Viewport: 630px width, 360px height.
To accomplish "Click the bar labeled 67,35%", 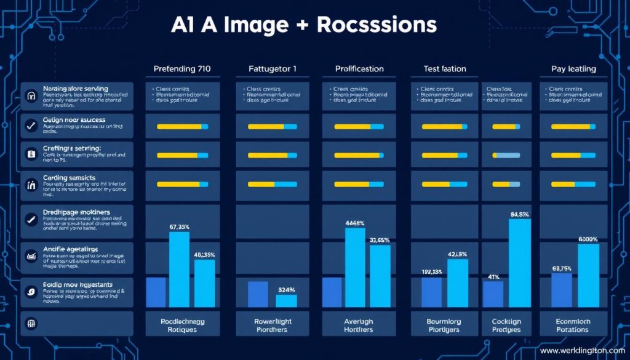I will coord(179,269).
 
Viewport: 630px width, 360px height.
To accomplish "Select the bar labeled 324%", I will coord(286,301).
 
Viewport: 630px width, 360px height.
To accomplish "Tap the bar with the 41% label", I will coord(493,294).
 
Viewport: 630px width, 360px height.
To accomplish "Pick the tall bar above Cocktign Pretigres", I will coord(520,263).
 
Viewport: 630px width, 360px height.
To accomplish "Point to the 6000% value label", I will coord(588,239).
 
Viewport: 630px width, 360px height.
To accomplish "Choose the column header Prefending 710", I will coord(181,69).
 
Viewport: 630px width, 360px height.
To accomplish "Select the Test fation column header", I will coord(445,69).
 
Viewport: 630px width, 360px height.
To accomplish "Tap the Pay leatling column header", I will coord(573,69).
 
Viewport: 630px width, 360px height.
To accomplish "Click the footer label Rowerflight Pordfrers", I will coord(273,325).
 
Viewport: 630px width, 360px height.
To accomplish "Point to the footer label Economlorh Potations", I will coord(572,325).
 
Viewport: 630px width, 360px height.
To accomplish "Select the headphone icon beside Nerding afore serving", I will coord(30,96).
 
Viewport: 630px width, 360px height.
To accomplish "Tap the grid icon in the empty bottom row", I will coord(30,322).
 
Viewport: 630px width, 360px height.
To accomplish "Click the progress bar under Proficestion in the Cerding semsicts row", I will coord(359,184).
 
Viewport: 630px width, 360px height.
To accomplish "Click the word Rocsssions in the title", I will coord(377,25).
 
